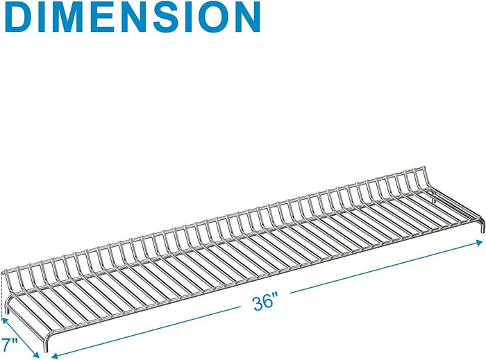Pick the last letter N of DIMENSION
(246, 17)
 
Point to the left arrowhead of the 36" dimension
(55, 356)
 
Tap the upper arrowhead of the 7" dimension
(5, 320)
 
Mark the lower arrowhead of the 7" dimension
(35, 354)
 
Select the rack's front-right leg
(482, 225)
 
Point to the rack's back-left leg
(6, 306)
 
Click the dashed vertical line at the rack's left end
(3, 295)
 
